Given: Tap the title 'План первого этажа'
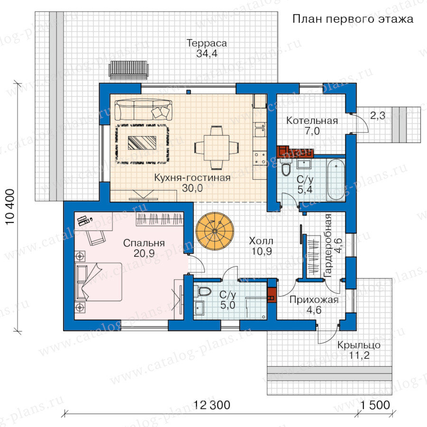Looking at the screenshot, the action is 353,19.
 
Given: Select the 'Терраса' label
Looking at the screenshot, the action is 207,43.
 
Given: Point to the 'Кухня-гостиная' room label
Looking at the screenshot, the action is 192,178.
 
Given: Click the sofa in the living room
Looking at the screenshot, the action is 143,110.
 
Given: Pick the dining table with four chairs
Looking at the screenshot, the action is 217,148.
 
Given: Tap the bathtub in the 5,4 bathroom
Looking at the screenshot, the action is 336,180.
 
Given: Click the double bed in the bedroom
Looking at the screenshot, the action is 98,282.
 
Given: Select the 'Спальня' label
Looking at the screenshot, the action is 144,243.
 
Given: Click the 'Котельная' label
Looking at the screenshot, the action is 312,121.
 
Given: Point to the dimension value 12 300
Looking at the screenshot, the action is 212,405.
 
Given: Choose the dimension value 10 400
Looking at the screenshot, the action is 10,207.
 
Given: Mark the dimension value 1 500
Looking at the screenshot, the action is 375,405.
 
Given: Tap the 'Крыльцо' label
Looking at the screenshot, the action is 359,345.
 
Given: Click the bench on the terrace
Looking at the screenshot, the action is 129,70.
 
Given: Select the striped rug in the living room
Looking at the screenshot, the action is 142,143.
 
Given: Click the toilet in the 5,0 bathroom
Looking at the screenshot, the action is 204,291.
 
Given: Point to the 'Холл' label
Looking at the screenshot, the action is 261,241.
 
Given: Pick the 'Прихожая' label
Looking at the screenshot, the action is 314,300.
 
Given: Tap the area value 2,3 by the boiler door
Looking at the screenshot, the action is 378,116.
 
